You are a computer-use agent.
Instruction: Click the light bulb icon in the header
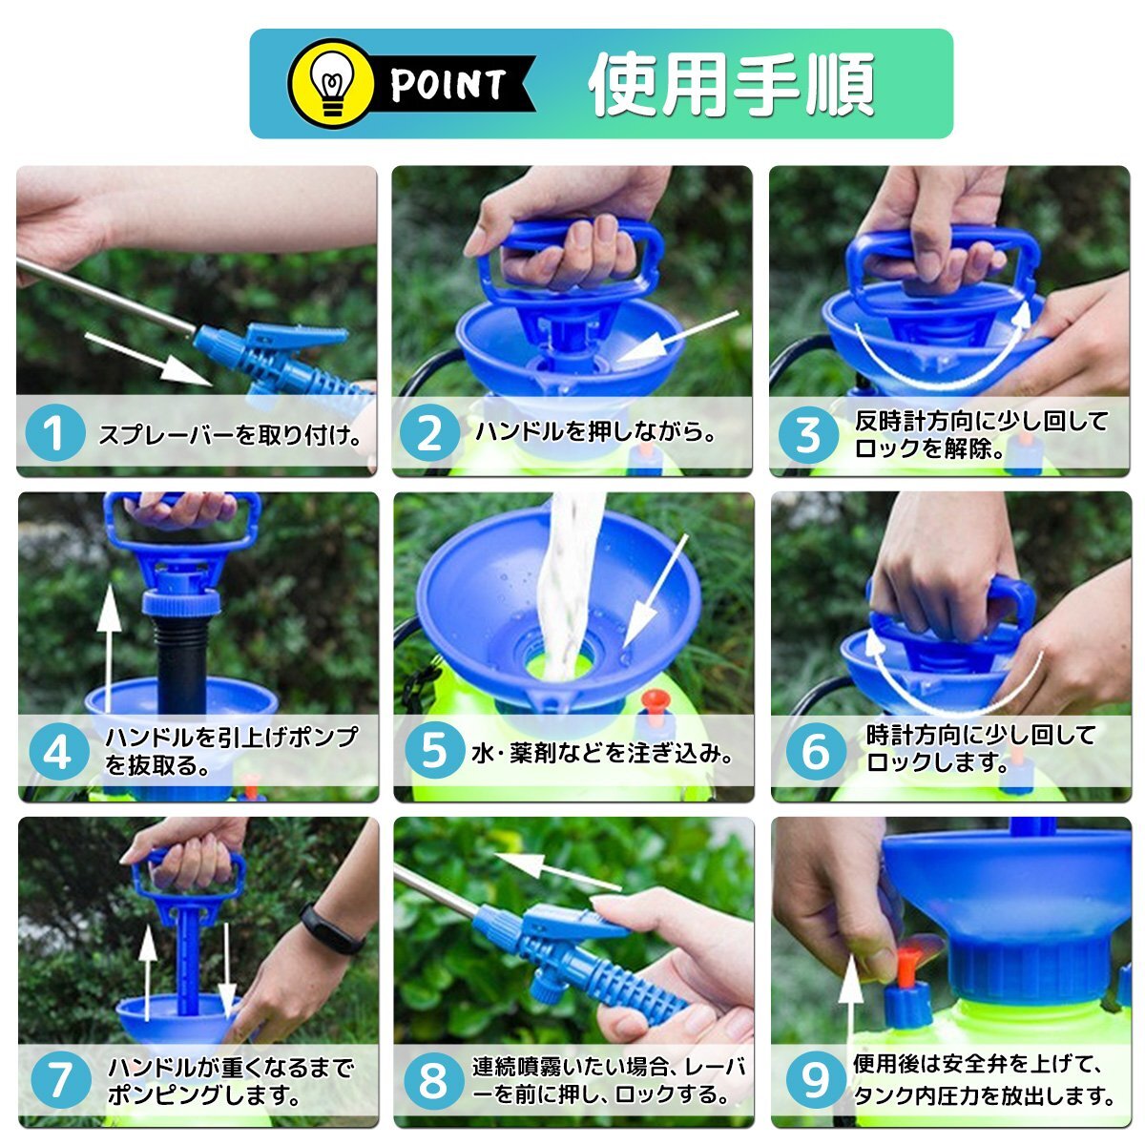(330, 84)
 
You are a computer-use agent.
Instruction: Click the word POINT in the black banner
(448, 84)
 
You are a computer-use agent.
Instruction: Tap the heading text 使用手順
(732, 84)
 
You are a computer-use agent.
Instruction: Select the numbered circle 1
(55, 432)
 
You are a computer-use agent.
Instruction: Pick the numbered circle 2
(429, 432)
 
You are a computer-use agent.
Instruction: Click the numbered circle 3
(807, 434)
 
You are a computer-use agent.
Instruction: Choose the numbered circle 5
(434, 751)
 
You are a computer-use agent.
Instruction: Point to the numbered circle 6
(816, 752)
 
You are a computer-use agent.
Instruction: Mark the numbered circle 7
(61, 1078)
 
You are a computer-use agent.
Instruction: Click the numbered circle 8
(433, 1079)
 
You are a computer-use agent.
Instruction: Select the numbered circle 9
(815, 1078)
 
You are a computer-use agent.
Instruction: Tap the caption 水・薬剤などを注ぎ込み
(602, 754)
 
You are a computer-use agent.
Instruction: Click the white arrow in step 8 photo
(557, 871)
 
